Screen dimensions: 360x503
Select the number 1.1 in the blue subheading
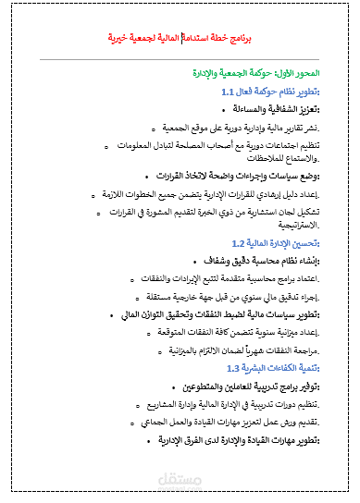click(230, 93)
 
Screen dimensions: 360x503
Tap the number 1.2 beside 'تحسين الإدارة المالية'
click(239, 243)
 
